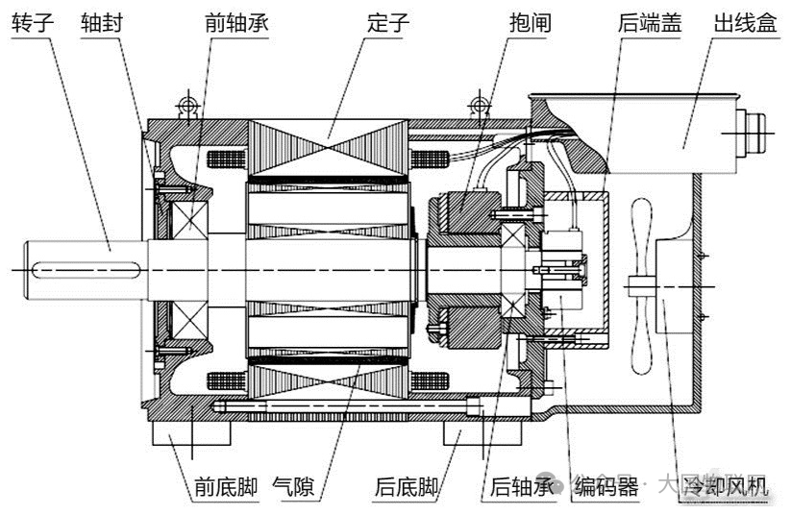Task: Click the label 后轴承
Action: tap(523, 487)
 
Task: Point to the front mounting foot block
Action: tap(191, 438)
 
